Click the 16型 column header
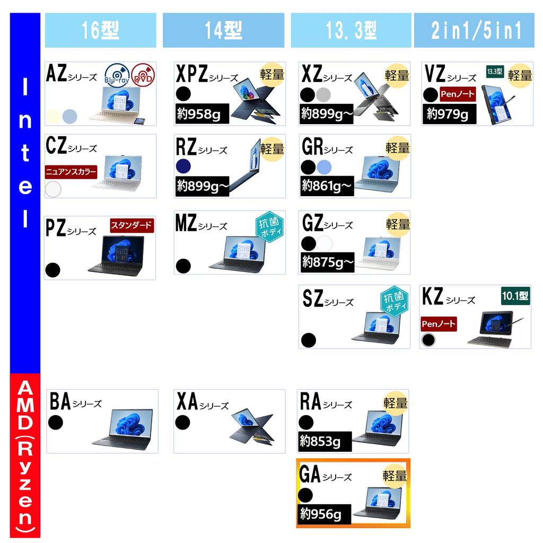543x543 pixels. (100, 30)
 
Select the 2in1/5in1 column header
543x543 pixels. (474, 30)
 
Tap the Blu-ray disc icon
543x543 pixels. (117, 76)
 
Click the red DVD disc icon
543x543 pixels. (143, 75)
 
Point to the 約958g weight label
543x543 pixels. (202, 113)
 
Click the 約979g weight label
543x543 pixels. (449, 113)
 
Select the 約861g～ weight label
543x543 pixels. (327, 186)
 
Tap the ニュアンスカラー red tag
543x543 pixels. (71, 172)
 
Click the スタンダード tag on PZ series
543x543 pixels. (132, 225)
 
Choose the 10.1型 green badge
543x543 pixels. (515, 296)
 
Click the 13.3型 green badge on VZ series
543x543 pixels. (495, 72)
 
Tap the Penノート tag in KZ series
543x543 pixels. (439, 324)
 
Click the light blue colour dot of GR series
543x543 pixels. (324, 167)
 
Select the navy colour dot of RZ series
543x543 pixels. (183, 166)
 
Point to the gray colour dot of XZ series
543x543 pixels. (323, 94)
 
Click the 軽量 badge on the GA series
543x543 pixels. (395, 476)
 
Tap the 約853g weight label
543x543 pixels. (325, 441)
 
